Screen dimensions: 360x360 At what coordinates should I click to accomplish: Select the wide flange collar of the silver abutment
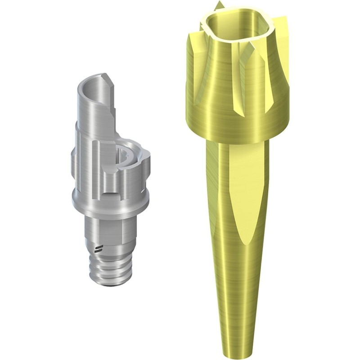[110, 200]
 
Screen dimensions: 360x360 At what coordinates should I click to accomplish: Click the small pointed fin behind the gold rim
[219, 6]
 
